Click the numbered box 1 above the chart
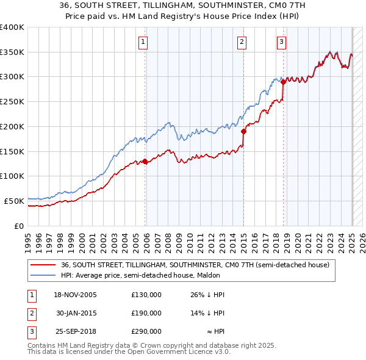coord(142,42)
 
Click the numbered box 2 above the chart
coord(242,42)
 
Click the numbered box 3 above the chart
coord(281,42)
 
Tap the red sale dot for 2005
coord(145,162)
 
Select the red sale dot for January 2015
coord(243,131)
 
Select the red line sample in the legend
coord(43,265)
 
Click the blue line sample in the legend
coord(43,276)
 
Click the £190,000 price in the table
coord(146,313)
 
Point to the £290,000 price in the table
coord(146,331)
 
